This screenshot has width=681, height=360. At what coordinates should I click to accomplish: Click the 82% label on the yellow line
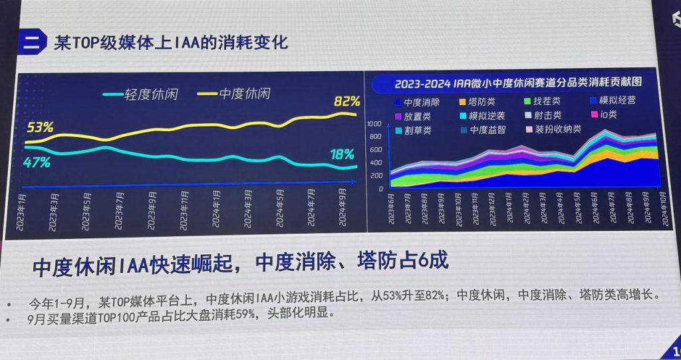[x=346, y=102]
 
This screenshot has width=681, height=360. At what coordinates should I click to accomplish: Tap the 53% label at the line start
[x=40, y=126]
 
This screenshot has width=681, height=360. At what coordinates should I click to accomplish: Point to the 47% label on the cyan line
[x=37, y=162]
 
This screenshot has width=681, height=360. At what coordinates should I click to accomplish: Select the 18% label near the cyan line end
[x=342, y=154]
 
